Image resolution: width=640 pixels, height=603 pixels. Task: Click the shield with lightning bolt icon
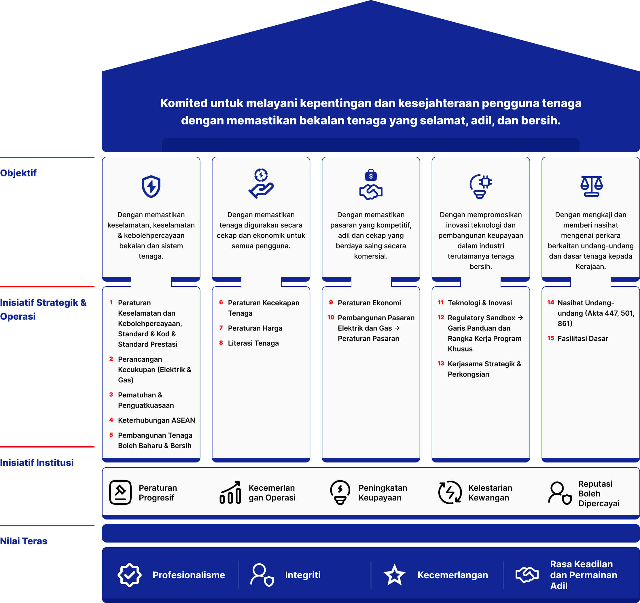[x=151, y=186]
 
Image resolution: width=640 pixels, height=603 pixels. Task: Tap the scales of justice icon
[x=591, y=186]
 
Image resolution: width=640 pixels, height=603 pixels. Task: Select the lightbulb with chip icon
[x=481, y=186]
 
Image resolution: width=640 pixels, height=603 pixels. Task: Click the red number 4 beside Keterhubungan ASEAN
[x=111, y=420]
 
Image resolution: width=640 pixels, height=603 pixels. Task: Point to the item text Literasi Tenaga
[x=253, y=343]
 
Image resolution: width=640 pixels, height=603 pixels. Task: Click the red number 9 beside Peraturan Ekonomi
[x=331, y=302]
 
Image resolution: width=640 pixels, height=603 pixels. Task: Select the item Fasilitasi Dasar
[x=583, y=338]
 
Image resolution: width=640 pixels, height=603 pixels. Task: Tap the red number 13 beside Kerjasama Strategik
[x=441, y=363]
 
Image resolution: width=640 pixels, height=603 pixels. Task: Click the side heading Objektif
[x=18, y=173]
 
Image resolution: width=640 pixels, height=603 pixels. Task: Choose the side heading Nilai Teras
[x=24, y=541]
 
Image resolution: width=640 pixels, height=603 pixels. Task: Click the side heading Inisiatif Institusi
[x=37, y=463]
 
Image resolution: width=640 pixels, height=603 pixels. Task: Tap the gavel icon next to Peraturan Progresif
[x=120, y=492]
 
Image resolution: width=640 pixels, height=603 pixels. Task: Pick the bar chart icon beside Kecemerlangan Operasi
[x=230, y=492]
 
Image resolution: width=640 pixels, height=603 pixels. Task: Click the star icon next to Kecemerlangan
[x=394, y=575]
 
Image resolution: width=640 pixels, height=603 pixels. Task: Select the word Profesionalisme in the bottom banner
[x=189, y=575]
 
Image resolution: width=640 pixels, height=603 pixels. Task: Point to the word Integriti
[x=303, y=575]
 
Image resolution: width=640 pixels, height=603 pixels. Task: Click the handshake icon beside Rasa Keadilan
[x=527, y=575]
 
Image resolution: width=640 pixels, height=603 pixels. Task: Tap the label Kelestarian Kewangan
[x=490, y=493]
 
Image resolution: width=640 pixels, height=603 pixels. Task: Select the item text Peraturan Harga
[x=255, y=328]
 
